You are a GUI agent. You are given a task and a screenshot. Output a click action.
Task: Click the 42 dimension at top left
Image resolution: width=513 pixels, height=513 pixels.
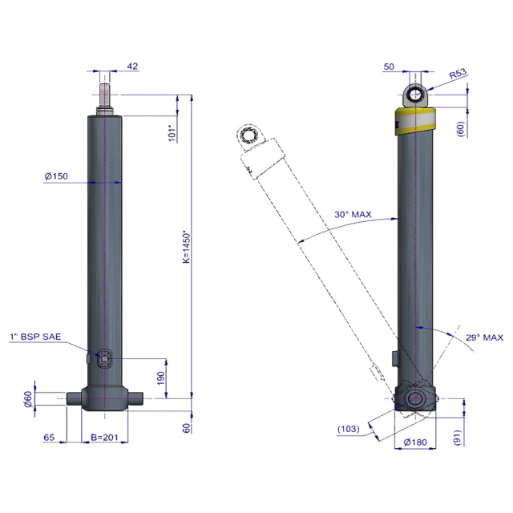tap(132, 66)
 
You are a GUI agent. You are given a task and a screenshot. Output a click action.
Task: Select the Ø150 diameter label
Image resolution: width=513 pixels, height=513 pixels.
tap(56, 176)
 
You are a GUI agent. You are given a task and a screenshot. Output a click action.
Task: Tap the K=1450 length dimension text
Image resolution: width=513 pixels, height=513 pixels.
tap(186, 248)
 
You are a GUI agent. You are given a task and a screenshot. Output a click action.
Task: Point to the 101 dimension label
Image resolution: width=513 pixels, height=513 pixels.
tap(172, 133)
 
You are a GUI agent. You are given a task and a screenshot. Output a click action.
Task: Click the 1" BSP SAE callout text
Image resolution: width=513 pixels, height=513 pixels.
tap(35, 337)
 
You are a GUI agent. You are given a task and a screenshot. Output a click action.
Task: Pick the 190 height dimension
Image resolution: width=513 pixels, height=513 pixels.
tap(161, 378)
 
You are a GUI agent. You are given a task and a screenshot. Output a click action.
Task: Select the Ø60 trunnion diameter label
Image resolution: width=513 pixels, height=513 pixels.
tap(29, 399)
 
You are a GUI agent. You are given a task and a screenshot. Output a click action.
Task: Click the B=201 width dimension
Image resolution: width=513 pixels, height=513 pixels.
tap(104, 438)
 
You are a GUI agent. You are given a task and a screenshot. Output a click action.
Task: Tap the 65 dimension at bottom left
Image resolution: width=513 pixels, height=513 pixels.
tap(49, 438)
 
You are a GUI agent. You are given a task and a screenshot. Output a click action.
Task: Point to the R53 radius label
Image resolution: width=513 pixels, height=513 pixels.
tap(458, 74)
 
